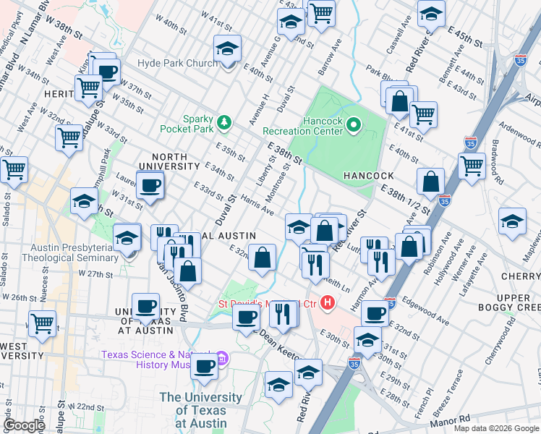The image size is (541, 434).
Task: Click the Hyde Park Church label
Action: [177, 64]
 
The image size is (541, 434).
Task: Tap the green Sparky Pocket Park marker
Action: [225, 122]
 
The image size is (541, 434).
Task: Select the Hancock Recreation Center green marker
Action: [354, 126]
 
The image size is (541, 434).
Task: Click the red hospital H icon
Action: [328, 302]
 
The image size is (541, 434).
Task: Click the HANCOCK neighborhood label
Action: [368, 176]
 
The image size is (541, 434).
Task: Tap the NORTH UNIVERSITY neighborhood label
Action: [169, 162]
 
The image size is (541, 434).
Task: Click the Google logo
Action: [24, 425]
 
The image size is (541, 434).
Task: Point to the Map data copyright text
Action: [495, 428]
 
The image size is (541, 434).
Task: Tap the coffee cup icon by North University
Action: [150, 185]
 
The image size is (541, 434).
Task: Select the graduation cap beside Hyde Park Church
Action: [227, 49]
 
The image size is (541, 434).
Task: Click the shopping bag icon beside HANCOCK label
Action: [430, 181]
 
